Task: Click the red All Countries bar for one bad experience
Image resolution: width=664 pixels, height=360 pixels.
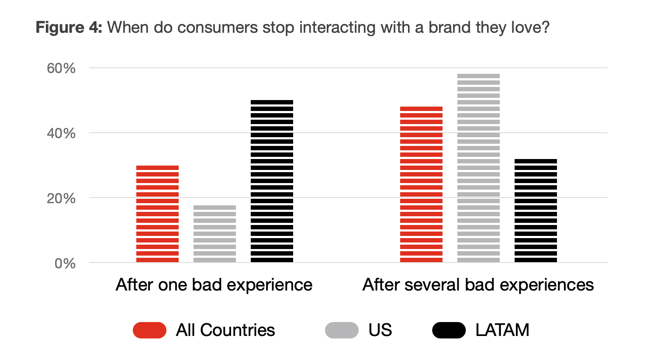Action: (x=157, y=214)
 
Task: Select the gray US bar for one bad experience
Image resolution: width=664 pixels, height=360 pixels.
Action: (x=214, y=234)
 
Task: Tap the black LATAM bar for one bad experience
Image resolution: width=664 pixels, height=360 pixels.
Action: (x=272, y=181)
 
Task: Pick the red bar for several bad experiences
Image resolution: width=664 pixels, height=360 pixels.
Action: (x=421, y=184)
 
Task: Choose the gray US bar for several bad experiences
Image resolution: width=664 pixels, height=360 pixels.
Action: (x=478, y=168)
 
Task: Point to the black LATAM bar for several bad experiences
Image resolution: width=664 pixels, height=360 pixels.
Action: (x=536, y=211)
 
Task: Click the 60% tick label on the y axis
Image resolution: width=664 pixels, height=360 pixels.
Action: (x=61, y=68)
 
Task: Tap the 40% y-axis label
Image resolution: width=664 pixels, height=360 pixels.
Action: (x=61, y=133)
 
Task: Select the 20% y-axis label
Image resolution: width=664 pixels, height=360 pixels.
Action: (x=61, y=198)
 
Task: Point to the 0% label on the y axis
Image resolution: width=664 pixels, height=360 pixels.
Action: (x=65, y=263)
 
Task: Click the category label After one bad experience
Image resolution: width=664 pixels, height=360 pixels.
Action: (x=214, y=285)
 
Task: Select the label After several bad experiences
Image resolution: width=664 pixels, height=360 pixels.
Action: (x=478, y=285)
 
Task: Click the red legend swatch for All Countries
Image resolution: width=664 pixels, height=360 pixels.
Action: (x=149, y=330)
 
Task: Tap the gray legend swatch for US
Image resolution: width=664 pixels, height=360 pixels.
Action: (x=342, y=330)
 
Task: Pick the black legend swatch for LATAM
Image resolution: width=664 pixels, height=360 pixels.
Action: (x=449, y=330)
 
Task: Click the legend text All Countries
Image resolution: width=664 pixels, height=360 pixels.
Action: (x=225, y=330)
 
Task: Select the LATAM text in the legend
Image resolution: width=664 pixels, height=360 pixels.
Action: (x=502, y=330)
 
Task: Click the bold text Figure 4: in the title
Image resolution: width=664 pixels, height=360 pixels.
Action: (x=69, y=28)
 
